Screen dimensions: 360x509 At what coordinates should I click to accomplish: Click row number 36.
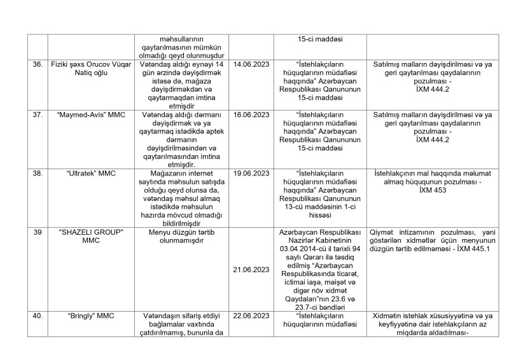tap(37, 64)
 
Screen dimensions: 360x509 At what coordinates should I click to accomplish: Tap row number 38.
tap(37, 173)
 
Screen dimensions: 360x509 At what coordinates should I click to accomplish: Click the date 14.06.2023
tap(251, 64)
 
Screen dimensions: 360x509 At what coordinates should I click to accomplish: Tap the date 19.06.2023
tap(251, 173)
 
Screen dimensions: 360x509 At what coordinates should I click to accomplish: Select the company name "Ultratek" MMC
tap(91, 173)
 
